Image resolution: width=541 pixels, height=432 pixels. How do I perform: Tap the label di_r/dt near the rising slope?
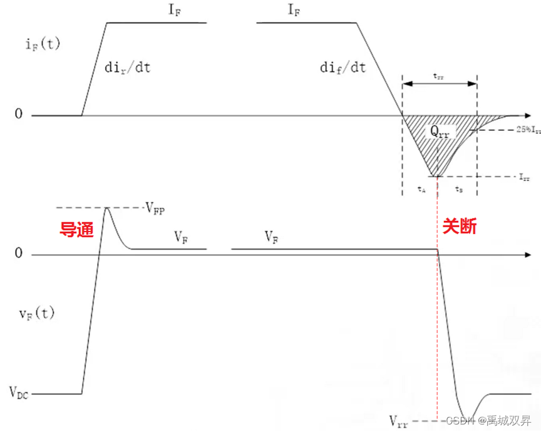point(128,68)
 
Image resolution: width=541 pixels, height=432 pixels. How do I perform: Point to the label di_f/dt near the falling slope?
point(343,68)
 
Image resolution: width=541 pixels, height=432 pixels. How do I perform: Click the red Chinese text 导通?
point(76,230)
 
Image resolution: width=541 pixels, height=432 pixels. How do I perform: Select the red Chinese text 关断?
point(460,226)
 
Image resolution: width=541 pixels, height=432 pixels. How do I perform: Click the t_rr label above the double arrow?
point(439,75)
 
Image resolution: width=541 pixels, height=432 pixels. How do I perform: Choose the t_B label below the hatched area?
point(458,188)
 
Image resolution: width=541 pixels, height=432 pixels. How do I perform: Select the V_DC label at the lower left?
point(19,393)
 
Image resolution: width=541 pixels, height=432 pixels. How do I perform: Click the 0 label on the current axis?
point(19,115)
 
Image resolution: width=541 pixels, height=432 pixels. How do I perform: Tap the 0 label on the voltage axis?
point(19,254)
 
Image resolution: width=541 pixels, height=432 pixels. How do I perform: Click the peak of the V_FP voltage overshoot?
point(107,208)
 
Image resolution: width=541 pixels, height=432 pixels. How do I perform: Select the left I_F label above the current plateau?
point(174,11)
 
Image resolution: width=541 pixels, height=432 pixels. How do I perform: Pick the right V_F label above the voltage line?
point(272,237)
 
